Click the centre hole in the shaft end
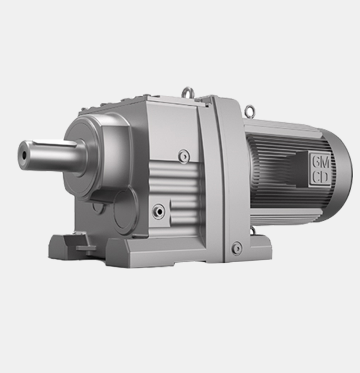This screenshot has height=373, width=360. point(24,155)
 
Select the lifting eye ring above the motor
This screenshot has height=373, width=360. point(249,110)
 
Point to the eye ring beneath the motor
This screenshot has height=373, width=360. point(253,230)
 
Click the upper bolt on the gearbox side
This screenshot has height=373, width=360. point(184,155)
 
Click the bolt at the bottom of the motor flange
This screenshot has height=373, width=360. point(237,248)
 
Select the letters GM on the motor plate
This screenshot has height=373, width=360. point(321,163)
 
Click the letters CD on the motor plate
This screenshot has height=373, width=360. point(320,177)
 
